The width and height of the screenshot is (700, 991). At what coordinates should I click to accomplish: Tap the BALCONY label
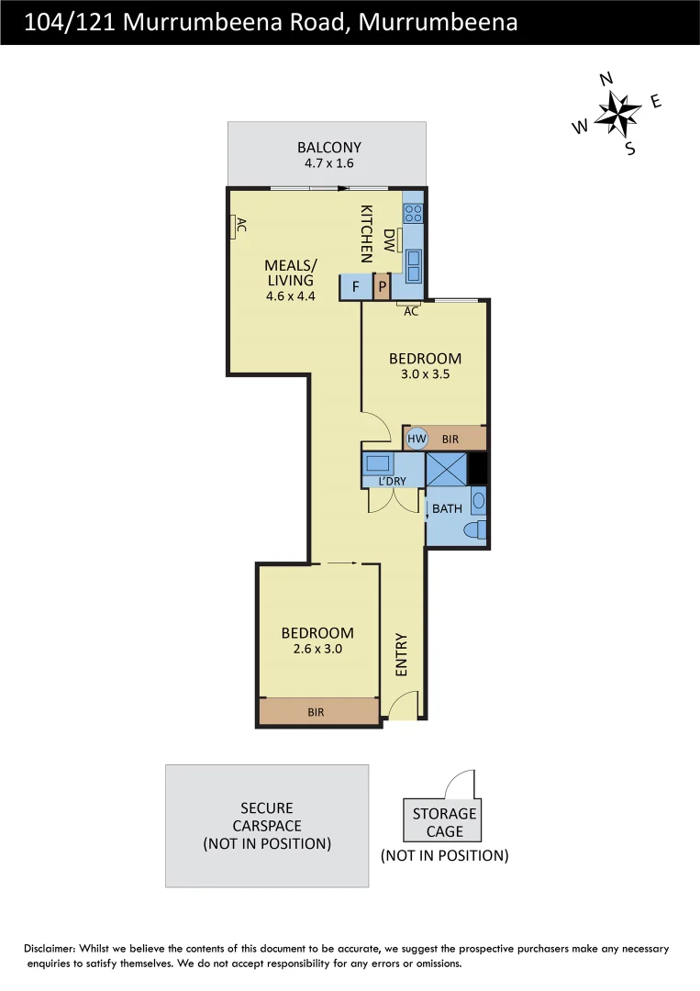(328, 147)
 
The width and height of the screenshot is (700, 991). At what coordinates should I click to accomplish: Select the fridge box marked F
(355, 287)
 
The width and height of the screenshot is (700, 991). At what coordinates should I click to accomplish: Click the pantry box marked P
(382, 287)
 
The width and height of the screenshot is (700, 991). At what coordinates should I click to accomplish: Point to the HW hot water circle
(417, 439)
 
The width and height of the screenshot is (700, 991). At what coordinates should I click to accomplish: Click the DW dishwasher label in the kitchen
(389, 241)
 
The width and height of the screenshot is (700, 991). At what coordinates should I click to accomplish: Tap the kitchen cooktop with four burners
(414, 213)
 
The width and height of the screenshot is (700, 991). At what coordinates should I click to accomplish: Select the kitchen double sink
(414, 265)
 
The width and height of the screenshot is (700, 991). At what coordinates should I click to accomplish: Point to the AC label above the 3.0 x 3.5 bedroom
(411, 312)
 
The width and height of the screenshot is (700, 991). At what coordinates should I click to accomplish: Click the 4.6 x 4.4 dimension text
(290, 296)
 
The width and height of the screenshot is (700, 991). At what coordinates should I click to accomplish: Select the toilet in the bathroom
(474, 530)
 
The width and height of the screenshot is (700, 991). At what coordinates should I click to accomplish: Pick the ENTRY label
(401, 655)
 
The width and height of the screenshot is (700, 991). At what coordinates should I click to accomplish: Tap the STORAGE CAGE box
(444, 822)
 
